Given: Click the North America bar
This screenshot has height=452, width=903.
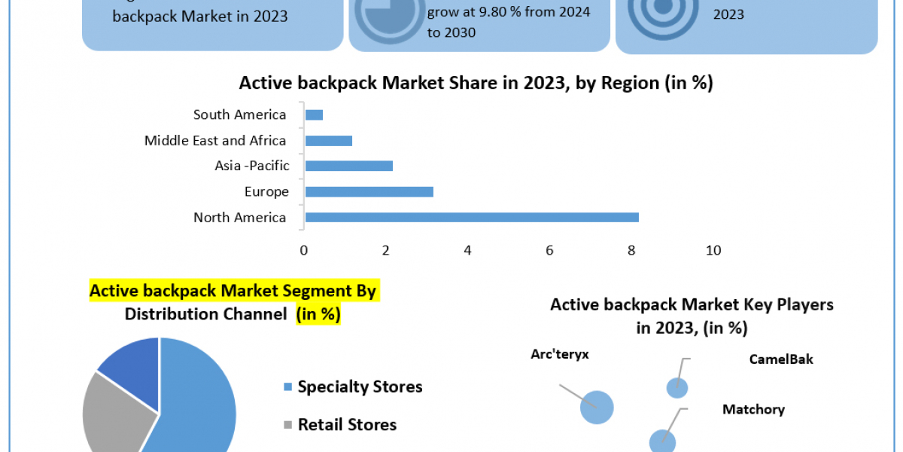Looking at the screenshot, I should click(472, 218).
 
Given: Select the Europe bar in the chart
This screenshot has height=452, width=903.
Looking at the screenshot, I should click(369, 192).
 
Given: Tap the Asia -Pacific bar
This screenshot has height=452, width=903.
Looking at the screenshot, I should click(349, 166).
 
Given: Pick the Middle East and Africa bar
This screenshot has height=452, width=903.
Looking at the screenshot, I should click(329, 141).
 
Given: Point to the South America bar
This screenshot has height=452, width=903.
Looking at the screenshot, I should click(314, 115).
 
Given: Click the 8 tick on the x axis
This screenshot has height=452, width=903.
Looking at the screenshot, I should click(631, 250).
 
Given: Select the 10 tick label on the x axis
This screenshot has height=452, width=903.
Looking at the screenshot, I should click(713, 250).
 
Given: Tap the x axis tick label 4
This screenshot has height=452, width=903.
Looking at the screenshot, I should click(468, 250).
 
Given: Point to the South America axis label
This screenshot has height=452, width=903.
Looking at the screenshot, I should click(239, 115).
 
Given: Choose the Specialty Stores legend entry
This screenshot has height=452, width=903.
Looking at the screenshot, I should click(359, 387).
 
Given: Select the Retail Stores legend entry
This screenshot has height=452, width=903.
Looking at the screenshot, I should click(346, 425).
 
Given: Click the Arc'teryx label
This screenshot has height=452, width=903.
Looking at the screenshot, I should click(559, 355).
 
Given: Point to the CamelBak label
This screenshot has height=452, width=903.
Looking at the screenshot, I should click(781, 359).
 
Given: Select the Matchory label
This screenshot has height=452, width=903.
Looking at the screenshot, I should click(753, 410).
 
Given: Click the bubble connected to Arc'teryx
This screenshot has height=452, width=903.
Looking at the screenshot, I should click(597, 408).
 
